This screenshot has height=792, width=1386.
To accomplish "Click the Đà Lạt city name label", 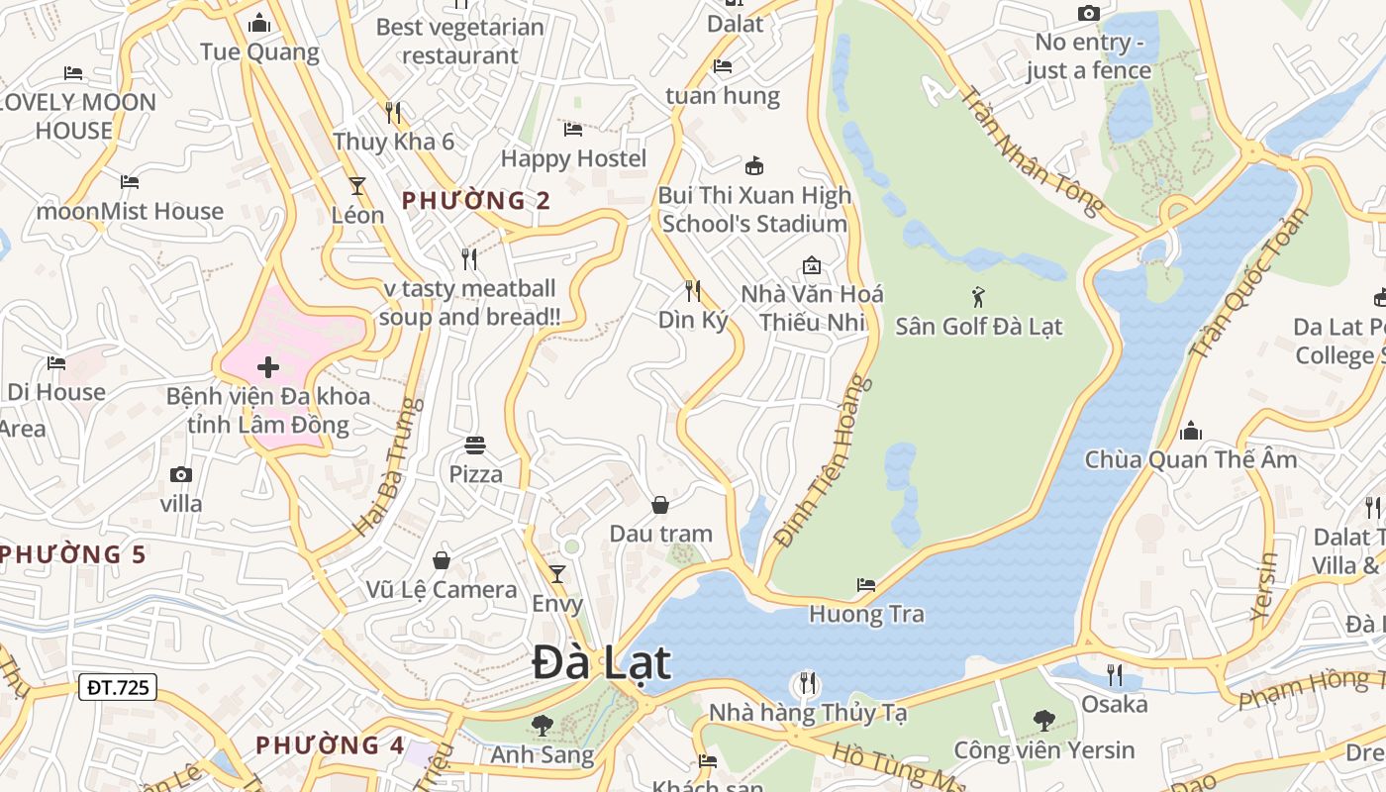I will coord(602,662).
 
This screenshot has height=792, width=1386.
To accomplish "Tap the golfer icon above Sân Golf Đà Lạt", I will coord(978,296).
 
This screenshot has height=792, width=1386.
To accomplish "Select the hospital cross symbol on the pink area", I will coord(267,367).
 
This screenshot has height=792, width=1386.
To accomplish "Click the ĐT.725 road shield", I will coord(118,686).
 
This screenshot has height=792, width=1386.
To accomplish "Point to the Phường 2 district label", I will coord(476,201).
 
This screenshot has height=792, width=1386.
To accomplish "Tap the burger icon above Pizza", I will coord(475,445).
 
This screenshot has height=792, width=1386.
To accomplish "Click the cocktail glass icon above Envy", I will coord(557,573).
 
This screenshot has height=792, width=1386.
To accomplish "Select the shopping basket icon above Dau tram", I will coord(660,505).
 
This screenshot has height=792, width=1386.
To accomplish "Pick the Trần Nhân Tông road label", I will coord(1033,150).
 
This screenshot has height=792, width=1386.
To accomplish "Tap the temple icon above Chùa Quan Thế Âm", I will coord(1191,431).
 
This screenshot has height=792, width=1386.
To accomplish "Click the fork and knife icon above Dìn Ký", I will coord(693,290).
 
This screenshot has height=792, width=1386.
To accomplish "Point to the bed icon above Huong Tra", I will coord(866,584).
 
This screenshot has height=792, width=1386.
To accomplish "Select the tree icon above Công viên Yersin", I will coord(1043,721).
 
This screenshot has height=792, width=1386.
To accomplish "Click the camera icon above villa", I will coord(181,474).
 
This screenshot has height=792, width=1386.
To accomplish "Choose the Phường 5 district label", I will coord(72,554).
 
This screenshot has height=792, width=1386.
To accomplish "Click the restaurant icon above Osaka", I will coord(1115,674).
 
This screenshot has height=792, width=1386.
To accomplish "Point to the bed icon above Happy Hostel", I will coord(573,129).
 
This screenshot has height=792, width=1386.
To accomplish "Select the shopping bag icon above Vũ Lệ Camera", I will coord(442,560).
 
